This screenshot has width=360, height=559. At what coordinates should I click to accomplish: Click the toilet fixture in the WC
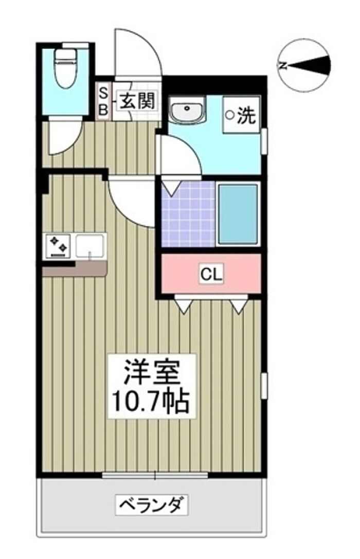64,68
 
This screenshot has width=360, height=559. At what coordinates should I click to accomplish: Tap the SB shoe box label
103,101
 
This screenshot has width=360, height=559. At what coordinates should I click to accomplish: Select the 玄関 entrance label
137,101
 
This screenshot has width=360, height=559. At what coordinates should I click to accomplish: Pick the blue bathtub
238,214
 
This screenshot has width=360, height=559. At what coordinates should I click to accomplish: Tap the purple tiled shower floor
189,214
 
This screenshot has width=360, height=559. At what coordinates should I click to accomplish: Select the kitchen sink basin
91,245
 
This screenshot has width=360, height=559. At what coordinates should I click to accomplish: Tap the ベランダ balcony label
152,504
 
